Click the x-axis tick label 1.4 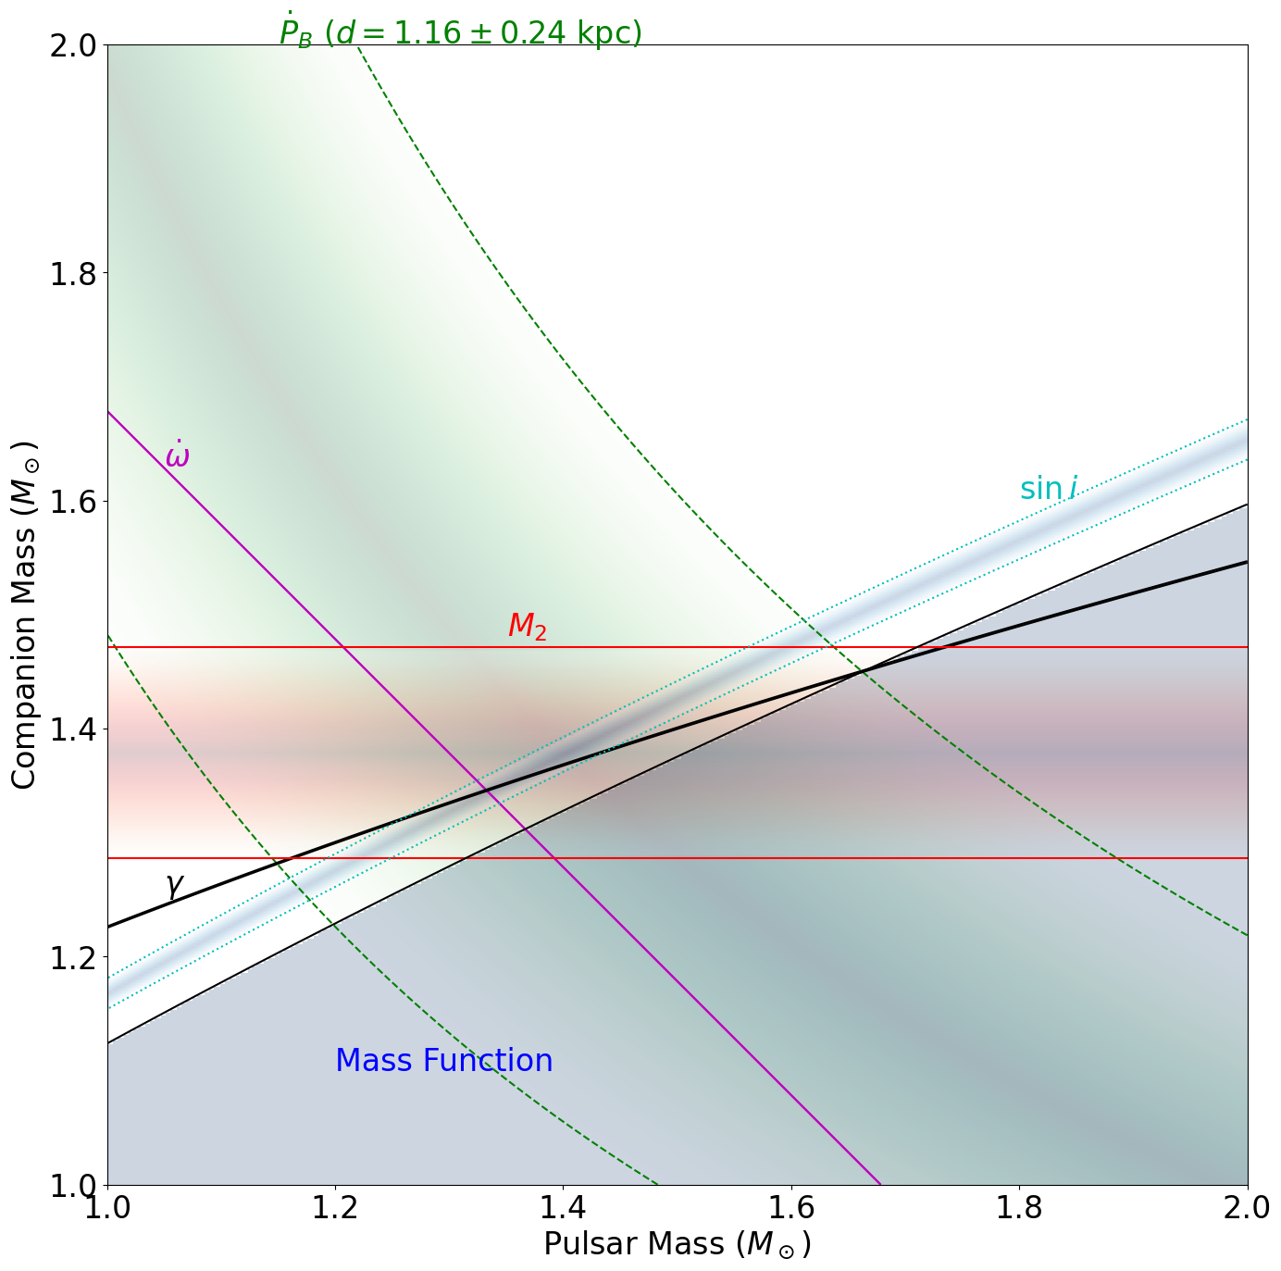pyautogui.click(x=563, y=1208)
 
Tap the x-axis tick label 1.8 pyautogui.click(x=1019, y=1208)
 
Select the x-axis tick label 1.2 pyautogui.click(x=335, y=1208)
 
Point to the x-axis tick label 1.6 pyautogui.click(x=791, y=1208)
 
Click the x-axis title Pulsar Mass pyautogui.click(x=677, y=1244)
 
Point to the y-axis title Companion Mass pyautogui.click(x=25, y=615)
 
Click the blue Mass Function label pyautogui.click(x=443, y=1061)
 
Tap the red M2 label pyautogui.click(x=527, y=627)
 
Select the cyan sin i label pyautogui.click(x=1048, y=489)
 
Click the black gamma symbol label pyautogui.click(x=173, y=885)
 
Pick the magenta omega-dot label pyautogui.click(x=177, y=455)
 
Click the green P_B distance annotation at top pyautogui.click(x=460, y=32)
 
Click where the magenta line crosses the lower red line pyautogui.click(x=553, y=858)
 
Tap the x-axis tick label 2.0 pyautogui.click(x=1247, y=1208)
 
